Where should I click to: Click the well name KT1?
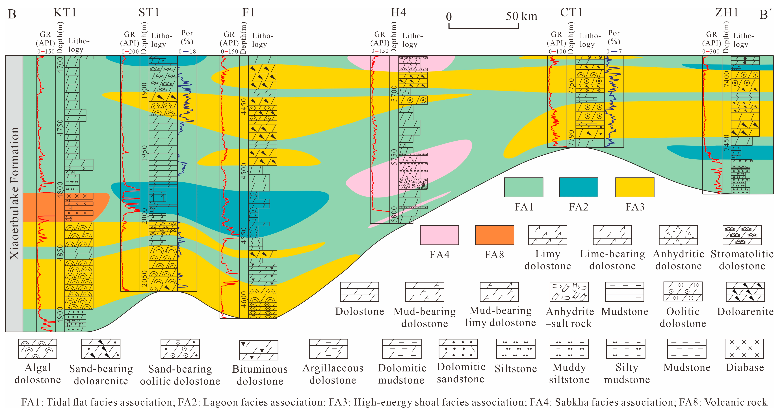[65, 12]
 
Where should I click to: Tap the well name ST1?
[149, 12]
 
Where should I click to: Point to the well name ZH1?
[726, 12]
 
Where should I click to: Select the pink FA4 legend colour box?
[439, 235]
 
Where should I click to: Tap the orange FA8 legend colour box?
[495, 235]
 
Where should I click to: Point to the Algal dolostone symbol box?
[37, 349]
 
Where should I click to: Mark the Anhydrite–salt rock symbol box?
[569, 292]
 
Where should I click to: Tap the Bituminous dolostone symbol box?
[259, 350]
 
